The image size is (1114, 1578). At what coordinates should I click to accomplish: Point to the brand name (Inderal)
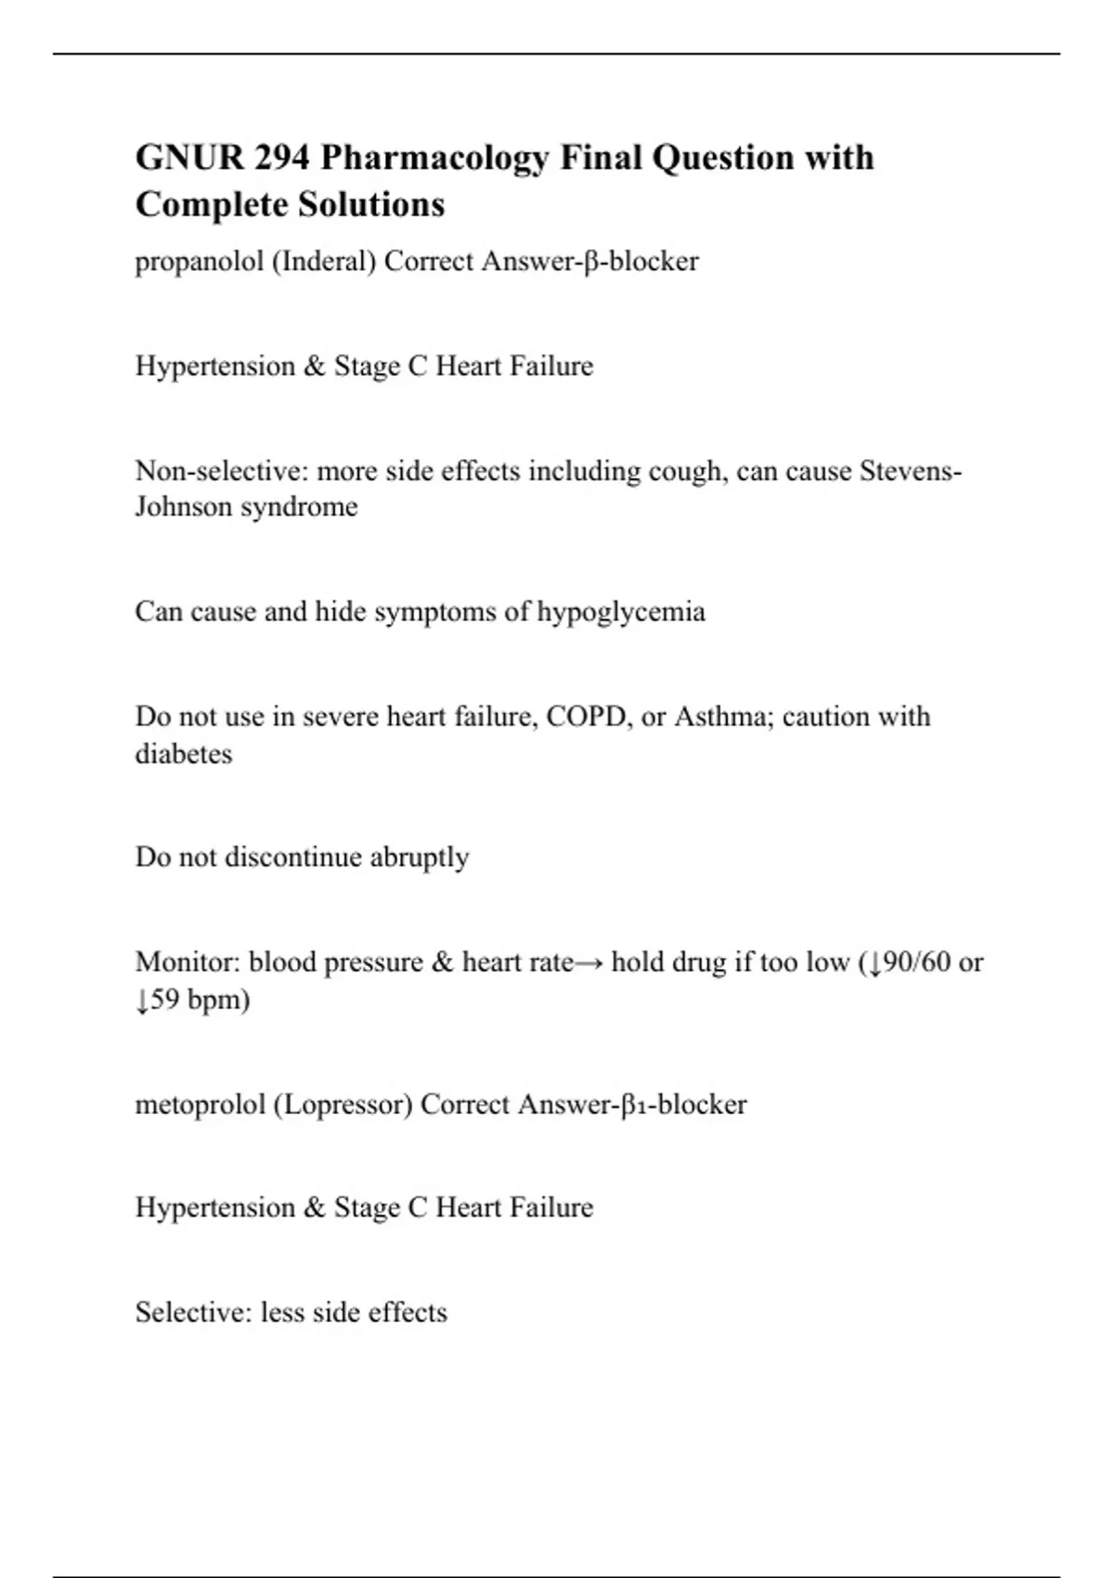tap(324, 262)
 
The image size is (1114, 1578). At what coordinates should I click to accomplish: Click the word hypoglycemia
tap(621, 612)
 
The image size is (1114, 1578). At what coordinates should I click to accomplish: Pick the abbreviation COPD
tap(586, 717)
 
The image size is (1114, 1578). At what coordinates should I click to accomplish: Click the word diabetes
tap(184, 753)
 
